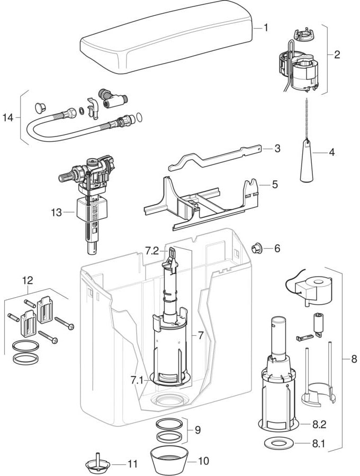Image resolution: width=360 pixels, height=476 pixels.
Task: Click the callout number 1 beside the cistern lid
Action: [266, 28]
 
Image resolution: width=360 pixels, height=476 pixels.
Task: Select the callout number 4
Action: [332, 153]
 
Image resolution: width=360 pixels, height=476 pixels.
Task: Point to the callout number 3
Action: [277, 149]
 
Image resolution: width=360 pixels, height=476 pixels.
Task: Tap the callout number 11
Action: [132, 464]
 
